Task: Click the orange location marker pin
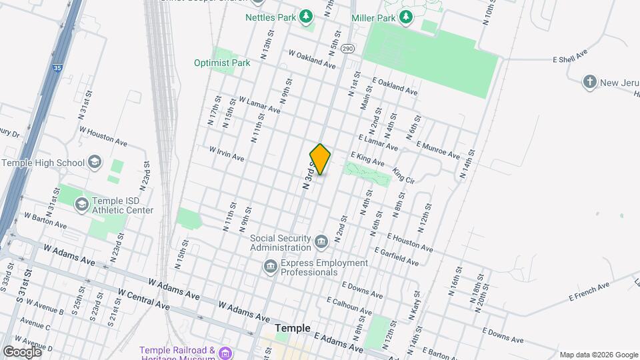coord(320,159)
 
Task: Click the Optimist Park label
coord(221,63)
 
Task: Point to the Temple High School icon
coord(95,162)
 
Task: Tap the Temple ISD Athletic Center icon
coord(82,203)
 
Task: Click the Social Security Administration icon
coord(322,240)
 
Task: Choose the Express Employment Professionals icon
coord(271,267)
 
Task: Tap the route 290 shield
coord(347,49)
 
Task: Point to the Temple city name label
coord(293,328)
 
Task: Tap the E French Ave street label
coord(589,291)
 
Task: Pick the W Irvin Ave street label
coord(227,154)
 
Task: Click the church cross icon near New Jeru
coord(589,82)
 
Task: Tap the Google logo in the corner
coord(21,351)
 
